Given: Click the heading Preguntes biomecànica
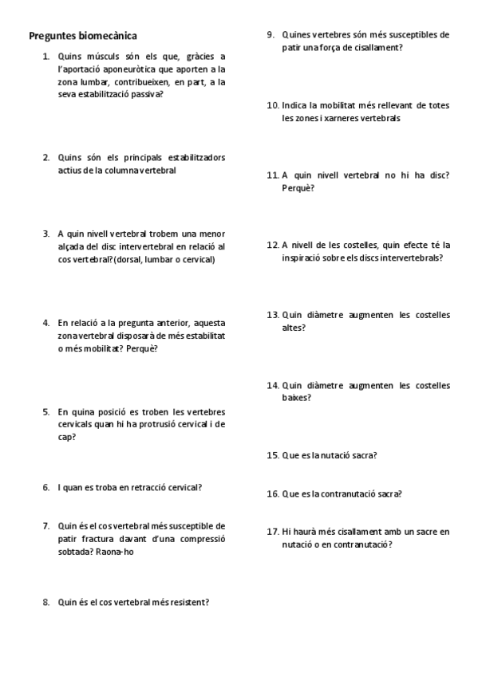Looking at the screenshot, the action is click(82, 36).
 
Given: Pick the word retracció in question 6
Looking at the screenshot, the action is click(131, 487).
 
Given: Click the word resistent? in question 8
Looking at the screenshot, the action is click(189, 602).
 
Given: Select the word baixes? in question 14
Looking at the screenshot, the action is click(297, 398).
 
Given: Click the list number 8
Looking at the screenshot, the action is click(46, 602).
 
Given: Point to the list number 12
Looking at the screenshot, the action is click(272, 246).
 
